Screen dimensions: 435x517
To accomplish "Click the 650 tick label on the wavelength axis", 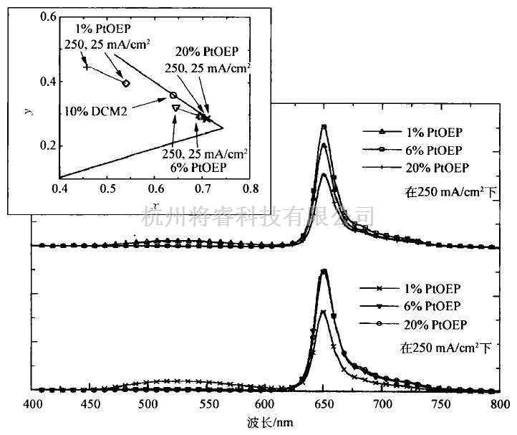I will tap(324, 404).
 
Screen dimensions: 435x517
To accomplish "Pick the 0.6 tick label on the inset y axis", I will tap(48, 16).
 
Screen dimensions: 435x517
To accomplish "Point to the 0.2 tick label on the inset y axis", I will tap(48, 145).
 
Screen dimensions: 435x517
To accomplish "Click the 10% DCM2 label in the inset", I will tap(92, 112).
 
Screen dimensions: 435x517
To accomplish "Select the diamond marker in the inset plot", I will tap(126, 83).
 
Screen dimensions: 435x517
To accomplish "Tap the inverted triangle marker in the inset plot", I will tap(175, 107).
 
